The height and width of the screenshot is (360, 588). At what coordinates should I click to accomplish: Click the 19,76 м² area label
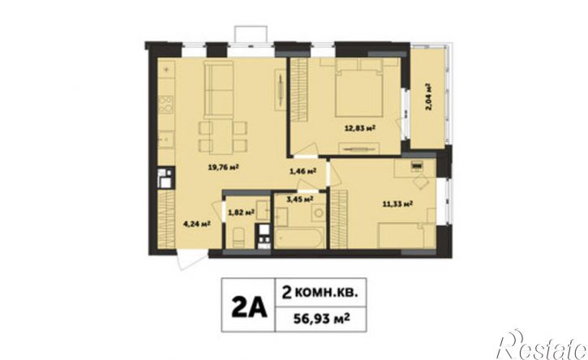224,168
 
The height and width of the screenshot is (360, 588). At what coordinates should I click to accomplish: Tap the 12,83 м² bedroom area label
360,128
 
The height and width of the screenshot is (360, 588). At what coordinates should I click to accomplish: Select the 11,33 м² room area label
397,204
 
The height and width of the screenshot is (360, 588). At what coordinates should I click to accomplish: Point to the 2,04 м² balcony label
428,96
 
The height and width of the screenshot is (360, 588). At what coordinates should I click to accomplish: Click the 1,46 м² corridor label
303,171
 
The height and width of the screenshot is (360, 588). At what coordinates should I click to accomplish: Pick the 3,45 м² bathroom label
300,199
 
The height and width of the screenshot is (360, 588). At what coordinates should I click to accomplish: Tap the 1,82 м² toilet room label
242,213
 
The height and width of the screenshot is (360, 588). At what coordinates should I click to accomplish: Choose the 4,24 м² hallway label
196,225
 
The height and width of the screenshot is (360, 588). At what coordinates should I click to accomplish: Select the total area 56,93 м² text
321,319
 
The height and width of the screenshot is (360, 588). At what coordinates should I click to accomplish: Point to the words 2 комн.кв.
319,292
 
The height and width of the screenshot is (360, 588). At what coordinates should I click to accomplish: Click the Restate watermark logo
541,345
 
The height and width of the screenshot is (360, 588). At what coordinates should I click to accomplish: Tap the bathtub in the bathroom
299,238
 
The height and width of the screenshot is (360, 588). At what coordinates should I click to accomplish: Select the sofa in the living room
219,90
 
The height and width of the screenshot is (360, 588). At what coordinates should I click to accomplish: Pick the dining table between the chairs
223,136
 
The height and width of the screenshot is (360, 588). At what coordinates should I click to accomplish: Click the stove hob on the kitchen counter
165,105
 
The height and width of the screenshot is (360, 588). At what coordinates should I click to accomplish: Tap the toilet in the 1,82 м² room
238,237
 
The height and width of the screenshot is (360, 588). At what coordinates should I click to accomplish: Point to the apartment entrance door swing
192,260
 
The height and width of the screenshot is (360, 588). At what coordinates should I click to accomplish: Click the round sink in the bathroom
319,213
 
